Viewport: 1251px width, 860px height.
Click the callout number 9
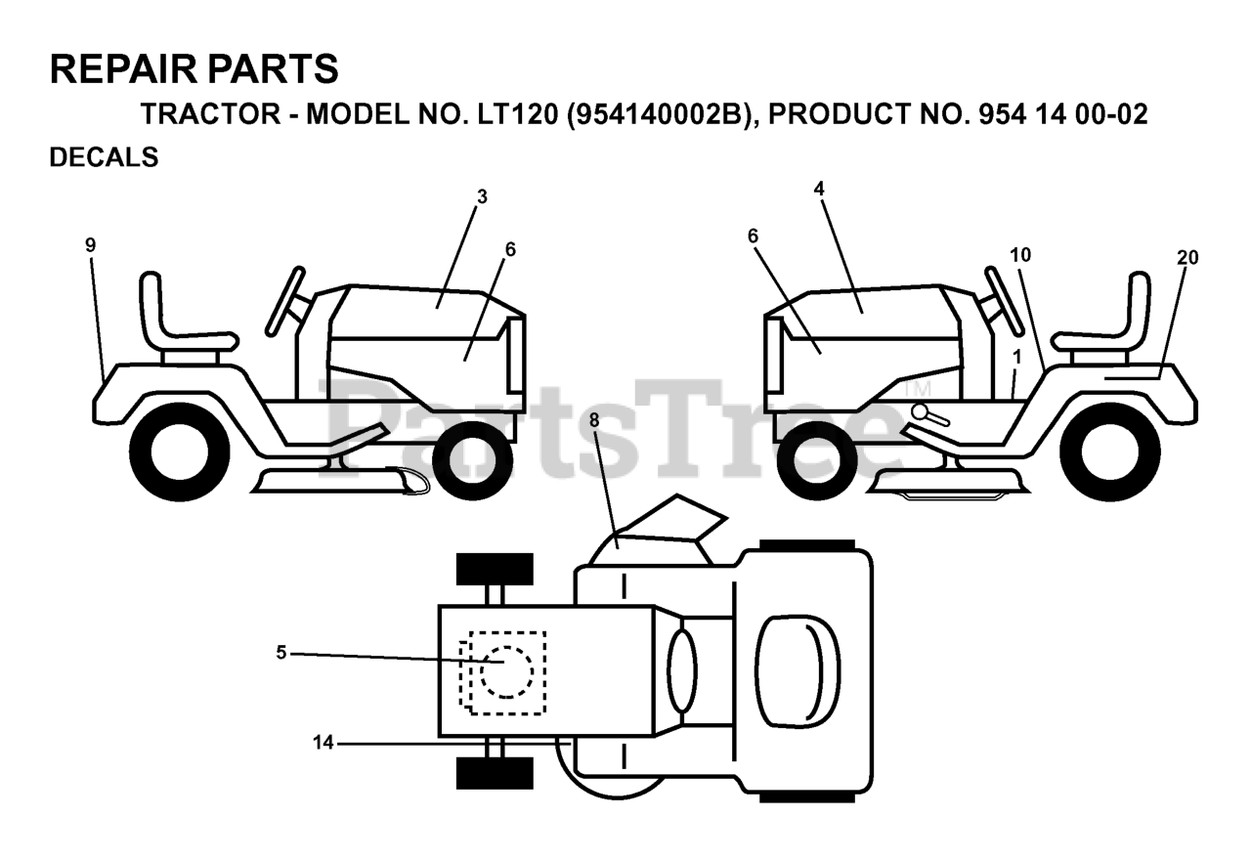coord(91,245)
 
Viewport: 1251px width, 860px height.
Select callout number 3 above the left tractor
coord(482,196)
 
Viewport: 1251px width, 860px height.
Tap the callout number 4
coord(819,189)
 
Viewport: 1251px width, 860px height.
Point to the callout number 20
coord(1187,258)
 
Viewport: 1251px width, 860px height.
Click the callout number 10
coord(1020,255)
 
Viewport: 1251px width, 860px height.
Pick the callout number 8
coord(594,420)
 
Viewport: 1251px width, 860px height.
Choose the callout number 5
coord(281,653)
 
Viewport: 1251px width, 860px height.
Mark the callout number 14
coord(324,743)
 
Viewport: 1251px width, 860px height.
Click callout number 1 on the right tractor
coord(1016,357)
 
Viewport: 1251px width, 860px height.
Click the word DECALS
coord(104,157)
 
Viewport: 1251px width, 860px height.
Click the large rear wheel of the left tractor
coord(179,452)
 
